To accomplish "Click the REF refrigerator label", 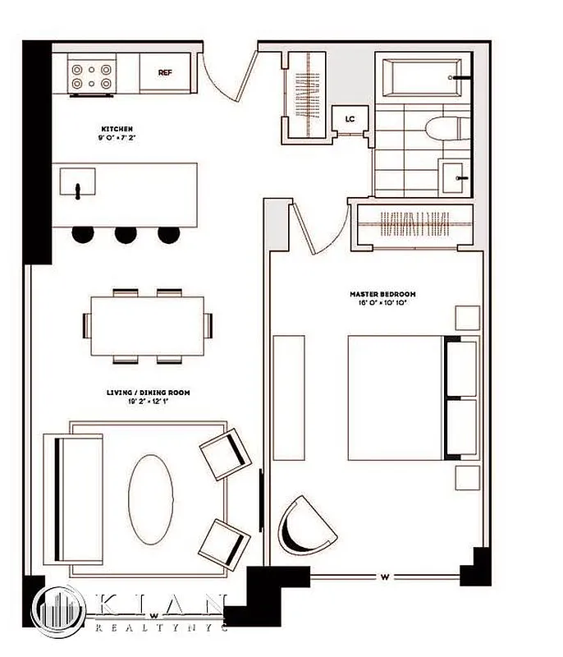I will coord(165,72).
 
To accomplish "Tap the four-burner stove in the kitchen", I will coord(91,76).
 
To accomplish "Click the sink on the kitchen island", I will coord(79,185).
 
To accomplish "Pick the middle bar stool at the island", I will coord(126,235).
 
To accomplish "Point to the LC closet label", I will coord(350,119).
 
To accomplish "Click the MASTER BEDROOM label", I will coord(382,294).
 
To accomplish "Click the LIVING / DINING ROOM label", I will coord(149,393).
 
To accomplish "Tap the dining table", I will coord(146,325).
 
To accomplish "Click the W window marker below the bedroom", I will coord(384,577).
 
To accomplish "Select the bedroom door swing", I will coord(317,227).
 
